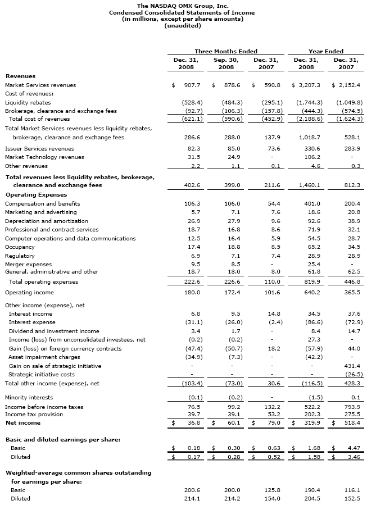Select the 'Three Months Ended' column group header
226,51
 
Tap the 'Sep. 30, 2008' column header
226,63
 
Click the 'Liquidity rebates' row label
28,103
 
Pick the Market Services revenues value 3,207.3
307,85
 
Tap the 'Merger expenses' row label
25,264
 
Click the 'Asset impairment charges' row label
44,357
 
